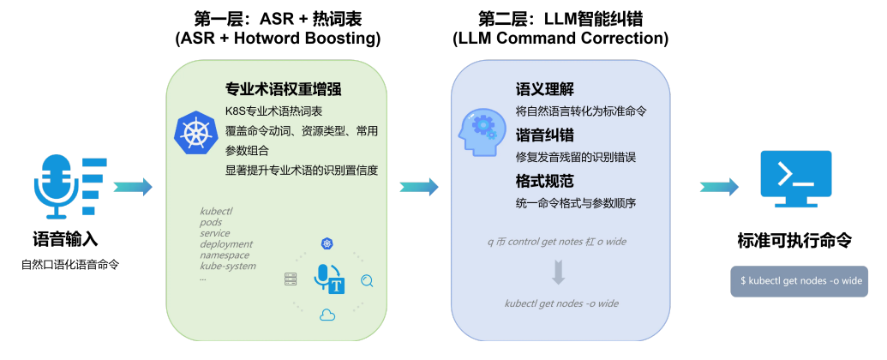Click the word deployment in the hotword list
(x=226, y=244)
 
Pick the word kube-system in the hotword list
(x=228, y=267)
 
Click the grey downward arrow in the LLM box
(x=559, y=273)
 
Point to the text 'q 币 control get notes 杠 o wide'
(x=558, y=243)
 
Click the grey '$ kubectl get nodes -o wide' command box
(x=799, y=281)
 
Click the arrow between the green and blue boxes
(x=419, y=186)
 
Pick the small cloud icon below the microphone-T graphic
(x=327, y=315)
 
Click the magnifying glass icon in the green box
(x=368, y=279)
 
